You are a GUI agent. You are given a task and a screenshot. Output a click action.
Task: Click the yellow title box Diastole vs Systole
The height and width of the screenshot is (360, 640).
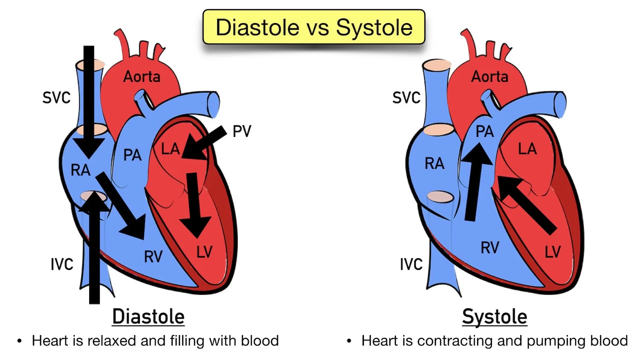[x=314, y=27]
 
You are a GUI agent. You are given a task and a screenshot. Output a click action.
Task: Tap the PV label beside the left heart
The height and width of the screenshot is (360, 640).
[x=242, y=131]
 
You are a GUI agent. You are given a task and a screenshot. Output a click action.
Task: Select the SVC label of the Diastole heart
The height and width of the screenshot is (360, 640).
[x=56, y=98]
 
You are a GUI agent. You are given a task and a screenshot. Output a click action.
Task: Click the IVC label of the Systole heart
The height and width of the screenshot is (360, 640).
[x=411, y=264]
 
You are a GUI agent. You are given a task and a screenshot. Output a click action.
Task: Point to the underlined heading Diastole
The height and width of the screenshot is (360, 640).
[x=148, y=316]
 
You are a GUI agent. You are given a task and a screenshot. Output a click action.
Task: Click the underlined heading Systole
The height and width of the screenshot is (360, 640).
[x=495, y=316]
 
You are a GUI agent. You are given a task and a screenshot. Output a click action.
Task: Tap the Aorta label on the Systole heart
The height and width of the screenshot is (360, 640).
[x=489, y=77]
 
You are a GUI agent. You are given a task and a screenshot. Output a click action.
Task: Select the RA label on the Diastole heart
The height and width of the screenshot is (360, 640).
[x=80, y=170]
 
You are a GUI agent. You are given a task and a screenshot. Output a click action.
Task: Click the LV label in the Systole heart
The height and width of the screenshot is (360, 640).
[x=553, y=252]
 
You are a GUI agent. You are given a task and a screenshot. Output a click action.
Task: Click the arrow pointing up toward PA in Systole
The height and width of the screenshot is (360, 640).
[x=475, y=183]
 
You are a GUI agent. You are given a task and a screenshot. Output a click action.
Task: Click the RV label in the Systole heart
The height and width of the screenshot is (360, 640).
[x=489, y=248]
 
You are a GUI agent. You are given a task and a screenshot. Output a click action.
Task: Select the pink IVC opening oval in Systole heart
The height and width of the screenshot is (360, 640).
[x=440, y=197]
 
